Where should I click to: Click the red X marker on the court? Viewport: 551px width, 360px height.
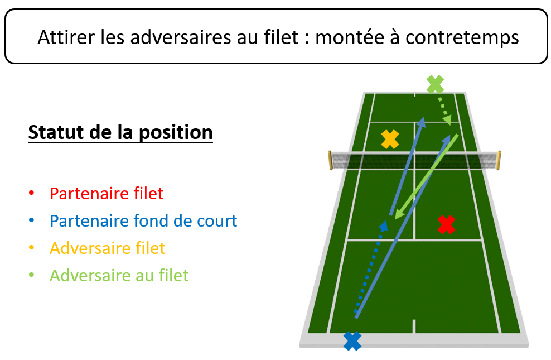(x=446, y=224)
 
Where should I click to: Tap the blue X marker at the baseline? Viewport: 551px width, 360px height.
(x=352, y=341)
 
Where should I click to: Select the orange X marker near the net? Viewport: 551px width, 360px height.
(x=390, y=139)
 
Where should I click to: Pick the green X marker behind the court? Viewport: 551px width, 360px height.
(x=435, y=84)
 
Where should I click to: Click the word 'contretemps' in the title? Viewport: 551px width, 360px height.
(x=462, y=37)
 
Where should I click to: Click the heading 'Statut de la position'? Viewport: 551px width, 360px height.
(x=120, y=132)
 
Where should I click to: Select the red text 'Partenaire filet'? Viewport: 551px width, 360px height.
(x=107, y=193)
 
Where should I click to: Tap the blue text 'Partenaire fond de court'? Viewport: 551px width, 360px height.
(x=143, y=221)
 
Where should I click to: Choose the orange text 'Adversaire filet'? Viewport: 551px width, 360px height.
(x=107, y=248)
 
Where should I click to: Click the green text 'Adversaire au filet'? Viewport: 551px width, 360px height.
(x=119, y=275)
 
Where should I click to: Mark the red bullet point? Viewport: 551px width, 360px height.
(x=31, y=193)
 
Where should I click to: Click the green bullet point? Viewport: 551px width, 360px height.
(x=31, y=275)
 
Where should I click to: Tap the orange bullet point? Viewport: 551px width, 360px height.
(x=31, y=247)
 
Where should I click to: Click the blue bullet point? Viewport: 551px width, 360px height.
(x=31, y=220)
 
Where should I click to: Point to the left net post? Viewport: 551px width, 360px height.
(x=330, y=160)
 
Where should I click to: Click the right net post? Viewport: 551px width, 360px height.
(x=499, y=160)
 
